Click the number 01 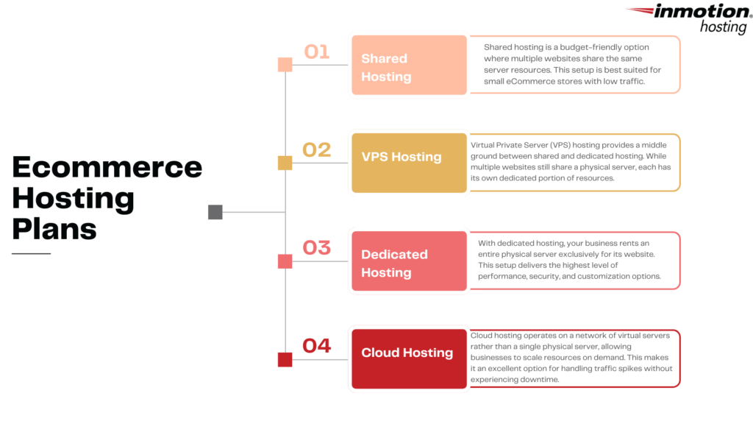[317, 52]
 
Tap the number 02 [317, 149]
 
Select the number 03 [317, 247]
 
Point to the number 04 [317, 345]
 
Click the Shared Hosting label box [409, 66]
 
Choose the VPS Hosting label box [409, 163]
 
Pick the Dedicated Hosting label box [409, 261]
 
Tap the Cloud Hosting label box [409, 358]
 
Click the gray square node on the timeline [215, 212]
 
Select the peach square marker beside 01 [285, 65]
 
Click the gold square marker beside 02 [285, 163]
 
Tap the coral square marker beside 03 [285, 261]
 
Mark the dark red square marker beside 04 [285, 359]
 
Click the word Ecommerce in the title [107, 167]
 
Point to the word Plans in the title [54, 229]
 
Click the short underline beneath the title [31, 254]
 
